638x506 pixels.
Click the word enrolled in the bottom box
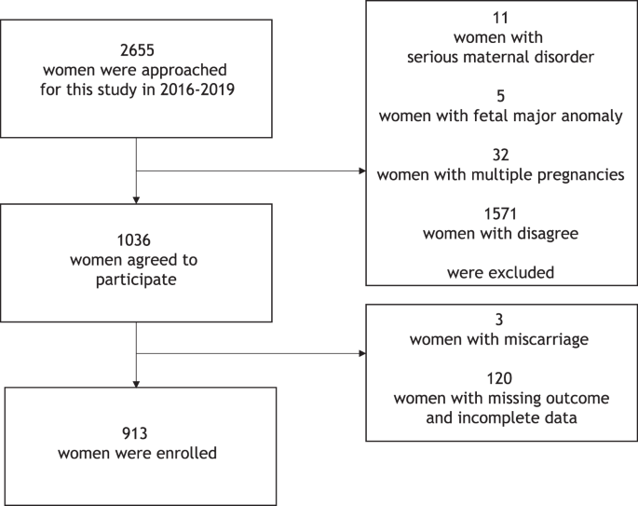pyautogui.click(x=183, y=454)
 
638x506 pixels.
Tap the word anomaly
pyautogui.click(x=591, y=115)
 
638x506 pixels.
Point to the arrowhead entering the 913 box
pyautogui.click(x=137, y=383)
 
